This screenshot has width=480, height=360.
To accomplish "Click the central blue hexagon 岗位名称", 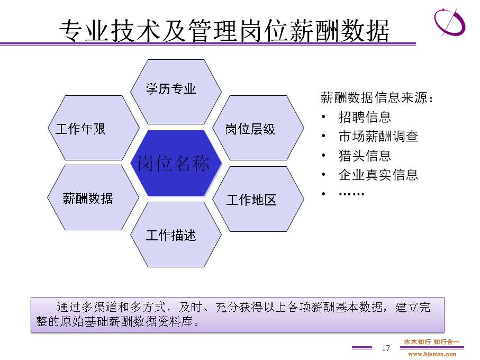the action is [x=176, y=163].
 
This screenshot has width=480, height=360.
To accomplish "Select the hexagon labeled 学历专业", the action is [x=176, y=92].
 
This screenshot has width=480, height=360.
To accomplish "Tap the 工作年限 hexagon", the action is [x=93, y=128].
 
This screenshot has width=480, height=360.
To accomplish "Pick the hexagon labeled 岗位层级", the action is [x=258, y=128].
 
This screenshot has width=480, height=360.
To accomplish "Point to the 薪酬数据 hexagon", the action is [x=93, y=197].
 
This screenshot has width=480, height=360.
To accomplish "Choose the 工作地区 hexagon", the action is [x=258, y=199].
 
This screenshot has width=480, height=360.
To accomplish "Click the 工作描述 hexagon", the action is [x=176, y=235].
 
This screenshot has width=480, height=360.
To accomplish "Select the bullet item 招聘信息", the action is [x=365, y=117].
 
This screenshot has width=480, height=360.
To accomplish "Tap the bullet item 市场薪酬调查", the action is [x=378, y=136].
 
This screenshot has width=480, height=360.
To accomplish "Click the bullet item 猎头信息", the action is [x=365, y=156].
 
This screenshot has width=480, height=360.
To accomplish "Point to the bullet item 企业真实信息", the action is [x=378, y=175].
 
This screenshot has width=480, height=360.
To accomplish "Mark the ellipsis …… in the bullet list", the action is [x=351, y=194].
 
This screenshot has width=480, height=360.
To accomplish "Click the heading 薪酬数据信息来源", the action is [x=376, y=97].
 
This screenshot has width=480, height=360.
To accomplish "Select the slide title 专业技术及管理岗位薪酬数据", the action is [x=224, y=30].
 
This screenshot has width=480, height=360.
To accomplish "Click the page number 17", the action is [x=386, y=348].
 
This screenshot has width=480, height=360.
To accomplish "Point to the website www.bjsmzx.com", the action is [x=432, y=355].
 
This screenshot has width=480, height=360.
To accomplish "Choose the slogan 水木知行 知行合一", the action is [x=432, y=341].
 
